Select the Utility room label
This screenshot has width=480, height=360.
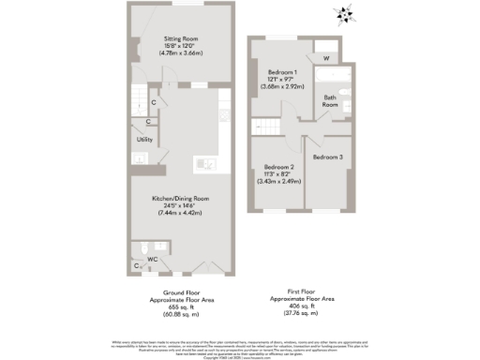point(144,140)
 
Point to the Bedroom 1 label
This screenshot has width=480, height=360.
point(282,71)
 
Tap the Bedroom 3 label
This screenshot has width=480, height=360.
point(327,157)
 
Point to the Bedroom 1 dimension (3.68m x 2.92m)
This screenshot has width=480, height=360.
point(282,88)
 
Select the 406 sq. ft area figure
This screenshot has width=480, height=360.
point(298,307)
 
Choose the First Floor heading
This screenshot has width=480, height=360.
point(298,292)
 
